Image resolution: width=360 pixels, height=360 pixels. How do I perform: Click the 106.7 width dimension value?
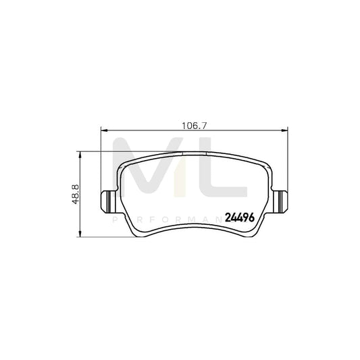click(x=195, y=125)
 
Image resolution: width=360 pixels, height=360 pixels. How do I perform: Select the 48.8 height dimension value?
click(x=76, y=192)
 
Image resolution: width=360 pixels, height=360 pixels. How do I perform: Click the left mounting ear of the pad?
click(x=107, y=201)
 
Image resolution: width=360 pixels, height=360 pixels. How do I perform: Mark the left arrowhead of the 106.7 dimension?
click(x=103, y=130)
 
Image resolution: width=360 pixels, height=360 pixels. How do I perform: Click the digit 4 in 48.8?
click(x=76, y=200)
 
